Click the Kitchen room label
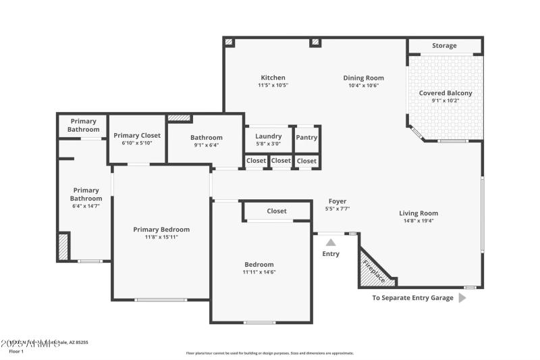click(x=273, y=78)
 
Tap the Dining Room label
click(x=364, y=78)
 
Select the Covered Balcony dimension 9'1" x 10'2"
click(x=446, y=101)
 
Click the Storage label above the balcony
click(x=444, y=46)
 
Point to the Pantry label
click(x=306, y=138)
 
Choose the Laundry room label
click(x=268, y=136)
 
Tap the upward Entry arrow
click(x=331, y=242)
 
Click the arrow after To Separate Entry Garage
click(x=462, y=297)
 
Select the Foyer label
click(x=337, y=201)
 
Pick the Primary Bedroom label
click(x=161, y=230)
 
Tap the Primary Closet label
click(x=137, y=135)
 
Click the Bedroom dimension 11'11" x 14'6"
click(x=259, y=272)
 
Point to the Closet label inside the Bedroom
click(x=277, y=211)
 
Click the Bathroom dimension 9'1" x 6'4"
click(x=206, y=145)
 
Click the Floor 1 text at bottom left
click(x=16, y=351)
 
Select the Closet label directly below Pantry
click(x=306, y=161)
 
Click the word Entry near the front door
click(x=331, y=254)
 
